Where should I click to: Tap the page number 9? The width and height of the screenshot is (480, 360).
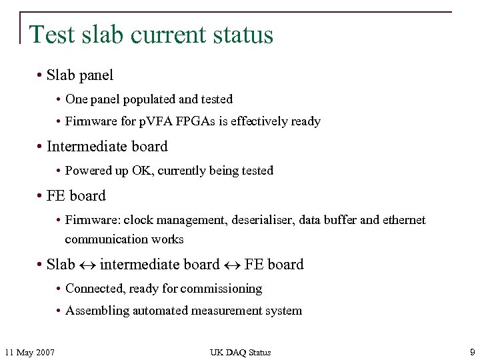[471, 351]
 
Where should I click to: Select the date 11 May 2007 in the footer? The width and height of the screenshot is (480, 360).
[29, 352]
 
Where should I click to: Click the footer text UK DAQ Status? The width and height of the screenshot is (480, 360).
[240, 352]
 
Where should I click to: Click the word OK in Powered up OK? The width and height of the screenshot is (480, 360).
[141, 171]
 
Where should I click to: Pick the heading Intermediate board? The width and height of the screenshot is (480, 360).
[107, 147]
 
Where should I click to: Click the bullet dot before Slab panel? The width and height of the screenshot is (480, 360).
[41, 76]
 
